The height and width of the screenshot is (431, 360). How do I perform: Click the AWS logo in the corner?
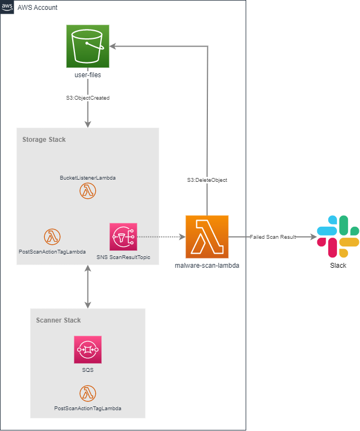click(x=7, y=7)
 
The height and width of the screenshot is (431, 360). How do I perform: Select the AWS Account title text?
click(x=38, y=8)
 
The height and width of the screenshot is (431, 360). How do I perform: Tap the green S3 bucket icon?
click(x=88, y=46)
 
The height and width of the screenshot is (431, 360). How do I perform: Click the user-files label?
click(x=88, y=74)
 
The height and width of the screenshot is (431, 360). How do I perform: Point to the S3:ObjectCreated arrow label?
click(x=88, y=98)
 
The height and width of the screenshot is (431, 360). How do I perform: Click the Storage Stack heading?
click(x=44, y=140)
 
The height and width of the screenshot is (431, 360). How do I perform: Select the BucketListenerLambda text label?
click(x=88, y=178)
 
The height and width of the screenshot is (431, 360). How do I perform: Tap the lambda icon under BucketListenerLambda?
click(x=88, y=191)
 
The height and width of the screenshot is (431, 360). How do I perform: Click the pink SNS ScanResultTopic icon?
click(x=123, y=237)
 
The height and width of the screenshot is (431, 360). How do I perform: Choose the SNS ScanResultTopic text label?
click(x=123, y=257)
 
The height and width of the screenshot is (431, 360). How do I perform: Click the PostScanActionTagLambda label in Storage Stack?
click(x=52, y=251)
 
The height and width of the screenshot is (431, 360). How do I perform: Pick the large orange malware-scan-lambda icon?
click(x=207, y=237)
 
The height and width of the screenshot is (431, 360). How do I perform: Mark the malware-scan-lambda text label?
click(x=207, y=266)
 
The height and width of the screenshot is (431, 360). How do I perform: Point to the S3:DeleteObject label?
click(x=207, y=180)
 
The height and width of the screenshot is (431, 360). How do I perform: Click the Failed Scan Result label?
click(x=272, y=237)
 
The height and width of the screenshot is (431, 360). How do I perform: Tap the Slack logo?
click(x=338, y=237)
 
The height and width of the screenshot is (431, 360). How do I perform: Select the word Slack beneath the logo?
click(x=338, y=266)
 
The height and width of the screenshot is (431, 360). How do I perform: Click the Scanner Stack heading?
click(x=59, y=320)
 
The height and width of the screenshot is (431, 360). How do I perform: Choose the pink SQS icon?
click(x=88, y=349)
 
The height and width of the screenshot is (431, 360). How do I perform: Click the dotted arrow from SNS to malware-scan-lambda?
click(x=161, y=237)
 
